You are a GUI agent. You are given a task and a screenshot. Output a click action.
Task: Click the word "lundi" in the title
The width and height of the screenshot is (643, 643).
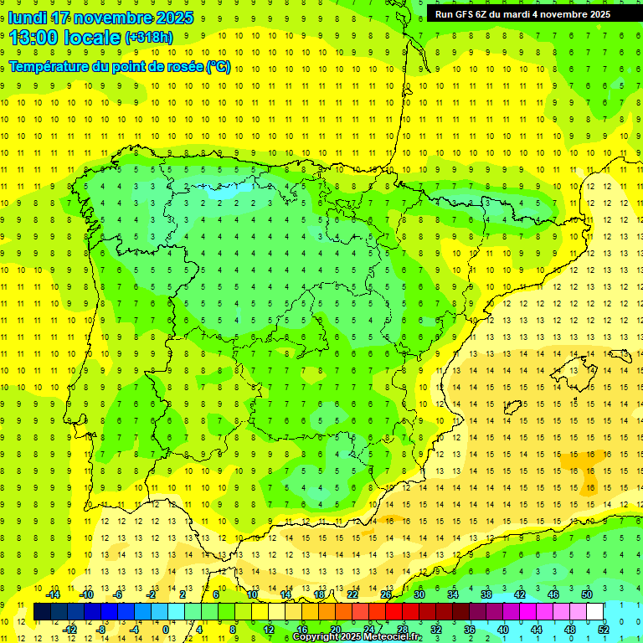(27, 18)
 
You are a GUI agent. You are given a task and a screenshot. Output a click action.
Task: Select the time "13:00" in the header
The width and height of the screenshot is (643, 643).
(33, 38)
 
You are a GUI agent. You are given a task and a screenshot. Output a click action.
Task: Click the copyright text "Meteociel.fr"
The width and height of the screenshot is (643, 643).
(392, 637)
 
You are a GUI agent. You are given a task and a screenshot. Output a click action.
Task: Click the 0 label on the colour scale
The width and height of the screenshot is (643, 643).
(166, 629)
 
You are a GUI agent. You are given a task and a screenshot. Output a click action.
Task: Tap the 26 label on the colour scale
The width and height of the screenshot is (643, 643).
(386, 594)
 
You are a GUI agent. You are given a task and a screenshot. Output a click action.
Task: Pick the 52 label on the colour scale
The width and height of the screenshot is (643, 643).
(604, 629)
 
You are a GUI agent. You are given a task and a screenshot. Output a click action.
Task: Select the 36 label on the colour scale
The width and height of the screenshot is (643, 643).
(470, 629)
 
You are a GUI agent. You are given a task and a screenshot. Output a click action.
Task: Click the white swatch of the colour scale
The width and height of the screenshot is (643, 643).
(594, 611)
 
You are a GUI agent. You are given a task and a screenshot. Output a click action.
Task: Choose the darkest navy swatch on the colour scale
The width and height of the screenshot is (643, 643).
(42, 611)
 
